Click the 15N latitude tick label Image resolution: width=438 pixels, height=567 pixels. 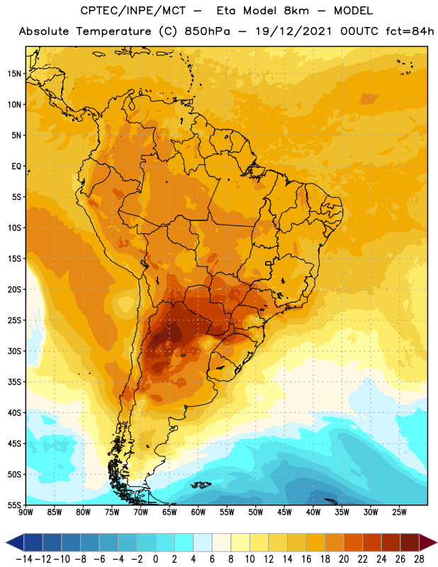14,74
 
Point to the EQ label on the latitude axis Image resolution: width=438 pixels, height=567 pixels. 16,167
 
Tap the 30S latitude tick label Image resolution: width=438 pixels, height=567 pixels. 14,351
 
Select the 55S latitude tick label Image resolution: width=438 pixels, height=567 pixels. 14,505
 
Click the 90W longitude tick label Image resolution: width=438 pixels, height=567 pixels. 26,512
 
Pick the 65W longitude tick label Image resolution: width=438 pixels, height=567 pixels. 169,512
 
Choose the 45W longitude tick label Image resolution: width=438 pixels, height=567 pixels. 284,512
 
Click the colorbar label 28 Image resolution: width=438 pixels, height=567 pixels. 419,559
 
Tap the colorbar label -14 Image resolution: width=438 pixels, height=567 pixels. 24,559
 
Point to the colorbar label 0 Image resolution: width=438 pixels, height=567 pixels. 156,559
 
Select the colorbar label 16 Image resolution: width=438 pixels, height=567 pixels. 306,559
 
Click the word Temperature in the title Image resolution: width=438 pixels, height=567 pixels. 114,31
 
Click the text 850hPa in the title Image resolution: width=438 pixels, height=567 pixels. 207,31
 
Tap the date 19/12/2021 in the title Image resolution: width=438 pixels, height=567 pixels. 293,31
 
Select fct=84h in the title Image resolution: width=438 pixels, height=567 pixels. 410,31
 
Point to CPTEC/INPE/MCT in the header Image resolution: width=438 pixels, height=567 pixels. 133,11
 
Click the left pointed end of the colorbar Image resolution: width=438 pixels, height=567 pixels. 6,542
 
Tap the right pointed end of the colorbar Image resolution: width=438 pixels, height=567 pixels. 437,542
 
